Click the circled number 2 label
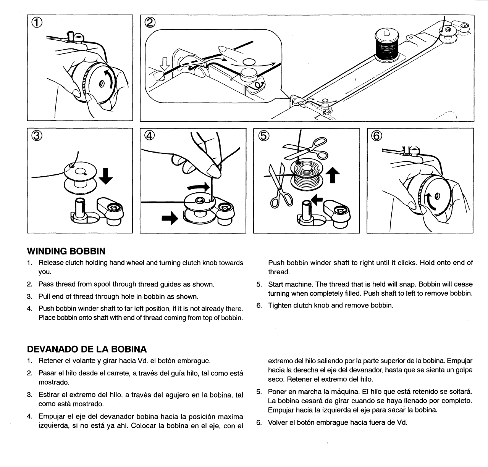(150, 24)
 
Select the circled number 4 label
(150, 136)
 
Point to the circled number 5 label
(263, 136)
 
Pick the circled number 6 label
(376, 136)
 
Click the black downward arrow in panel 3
(107, 176)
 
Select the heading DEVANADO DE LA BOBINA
(87, 349)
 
